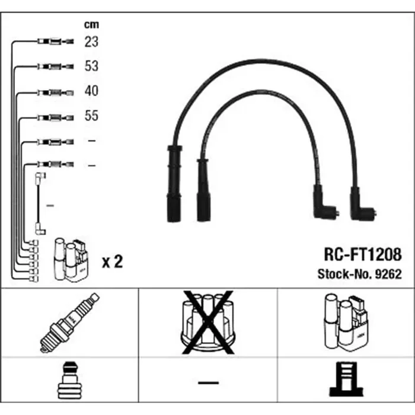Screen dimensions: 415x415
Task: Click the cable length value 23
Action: click(91, 42)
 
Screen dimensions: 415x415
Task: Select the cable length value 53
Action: click(91, 66)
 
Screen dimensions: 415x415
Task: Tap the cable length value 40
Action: click(91, 91)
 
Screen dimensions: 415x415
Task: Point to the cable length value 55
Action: click(91, 116)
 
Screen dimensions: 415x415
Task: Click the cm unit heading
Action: click(91, 25)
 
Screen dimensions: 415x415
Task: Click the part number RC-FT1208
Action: click(363, 254)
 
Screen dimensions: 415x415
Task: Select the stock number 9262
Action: click(388, 274)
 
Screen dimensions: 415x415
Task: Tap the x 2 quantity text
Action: click(112, 261)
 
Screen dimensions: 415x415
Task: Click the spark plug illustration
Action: click(69, 323)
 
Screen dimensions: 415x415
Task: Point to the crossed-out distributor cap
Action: click(207, 323)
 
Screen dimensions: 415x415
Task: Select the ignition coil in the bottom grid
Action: click(346, 323)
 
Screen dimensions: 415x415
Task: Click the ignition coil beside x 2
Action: click(71, 260)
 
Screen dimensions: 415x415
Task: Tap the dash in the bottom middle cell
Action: click(208, 382)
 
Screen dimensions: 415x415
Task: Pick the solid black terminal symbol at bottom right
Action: click(346, 379)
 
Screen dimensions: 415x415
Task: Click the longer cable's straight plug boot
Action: click(174, 183)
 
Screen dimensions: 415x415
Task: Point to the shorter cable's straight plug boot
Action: click(203, 190)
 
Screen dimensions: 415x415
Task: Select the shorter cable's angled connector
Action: click(325, 203)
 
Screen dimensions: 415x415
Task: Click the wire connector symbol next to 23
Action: click(56, 41)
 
